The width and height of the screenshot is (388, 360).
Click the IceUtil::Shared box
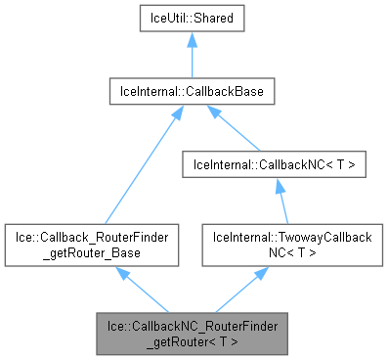[x=191, y=19]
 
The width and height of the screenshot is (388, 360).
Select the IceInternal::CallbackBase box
[x=191, y=93]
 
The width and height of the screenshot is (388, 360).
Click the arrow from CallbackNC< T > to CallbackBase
[x=235, y=130]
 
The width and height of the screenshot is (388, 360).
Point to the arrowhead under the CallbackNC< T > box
[x=280, y=189]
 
